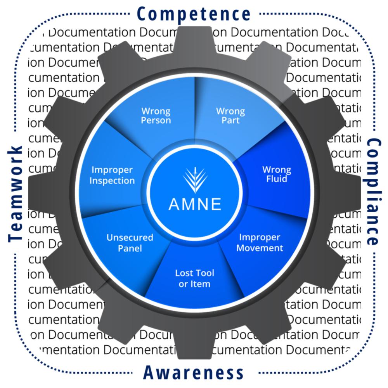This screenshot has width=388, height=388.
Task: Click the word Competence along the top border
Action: point(194,14)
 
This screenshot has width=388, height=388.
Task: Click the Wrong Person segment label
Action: point(156,116)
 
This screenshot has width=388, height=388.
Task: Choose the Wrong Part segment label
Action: point(230,116)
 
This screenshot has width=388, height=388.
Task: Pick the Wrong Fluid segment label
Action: point(277,174)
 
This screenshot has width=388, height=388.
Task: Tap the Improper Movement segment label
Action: point(260,242)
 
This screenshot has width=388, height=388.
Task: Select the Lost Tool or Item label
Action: point(194,278)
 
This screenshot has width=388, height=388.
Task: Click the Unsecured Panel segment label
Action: point(130,242)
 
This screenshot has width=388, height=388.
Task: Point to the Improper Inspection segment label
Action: point(112,175)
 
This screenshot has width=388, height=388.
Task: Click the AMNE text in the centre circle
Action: point(195,204)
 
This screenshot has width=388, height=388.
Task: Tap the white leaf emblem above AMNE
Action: point(195,179)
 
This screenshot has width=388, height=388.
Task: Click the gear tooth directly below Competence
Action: point(194,39)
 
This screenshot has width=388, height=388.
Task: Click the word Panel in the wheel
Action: point(130,248)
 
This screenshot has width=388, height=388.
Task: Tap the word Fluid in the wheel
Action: point(277,179)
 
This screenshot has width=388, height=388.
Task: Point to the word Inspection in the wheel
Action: point(112,180)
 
